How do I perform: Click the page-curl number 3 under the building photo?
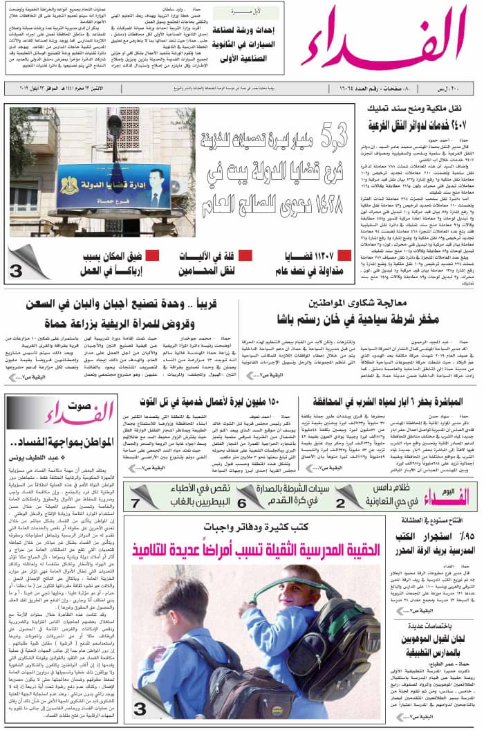[x=16, y=272]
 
